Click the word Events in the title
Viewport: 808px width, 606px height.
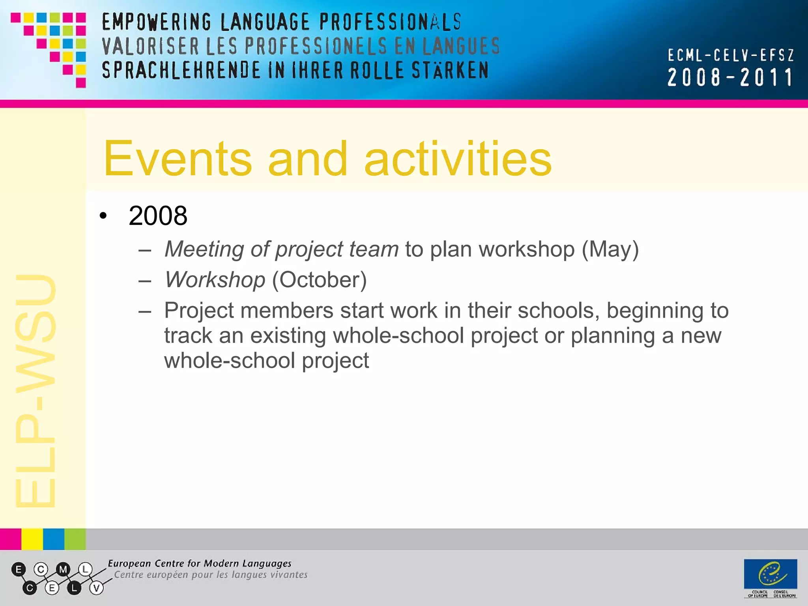178,159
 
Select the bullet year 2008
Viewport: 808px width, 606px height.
158,216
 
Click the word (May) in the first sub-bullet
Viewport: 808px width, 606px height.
610,249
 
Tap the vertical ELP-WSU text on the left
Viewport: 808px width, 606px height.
36,391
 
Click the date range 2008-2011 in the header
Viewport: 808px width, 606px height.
730,77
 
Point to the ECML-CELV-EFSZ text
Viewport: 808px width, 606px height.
730,55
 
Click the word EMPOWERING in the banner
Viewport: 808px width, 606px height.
157,22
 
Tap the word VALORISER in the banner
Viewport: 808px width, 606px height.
150,46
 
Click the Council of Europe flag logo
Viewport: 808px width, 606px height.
770,574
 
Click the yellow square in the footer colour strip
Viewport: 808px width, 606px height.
32,539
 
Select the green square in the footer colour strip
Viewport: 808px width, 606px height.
75,539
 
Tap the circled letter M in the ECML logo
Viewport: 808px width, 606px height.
63,569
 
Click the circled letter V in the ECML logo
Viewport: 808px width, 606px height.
96,588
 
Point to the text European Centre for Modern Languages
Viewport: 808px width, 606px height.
200,563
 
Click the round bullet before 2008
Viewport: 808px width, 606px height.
103,216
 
